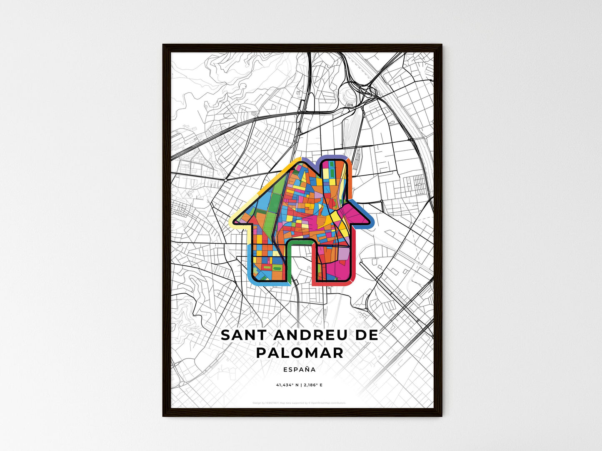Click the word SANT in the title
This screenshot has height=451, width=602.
pyautogui.click(x=241, y=335)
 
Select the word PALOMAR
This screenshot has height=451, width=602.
pyautogui.click(x=300, y=353)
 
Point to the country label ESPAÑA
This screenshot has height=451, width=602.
pyautogui.click(x=299, y=369)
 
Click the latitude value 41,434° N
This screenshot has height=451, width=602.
pyautogui.click(x=287, y=385)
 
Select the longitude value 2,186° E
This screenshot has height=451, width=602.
pyautogui.click(x=312, y=385)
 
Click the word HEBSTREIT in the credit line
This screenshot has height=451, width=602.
pyautogui.click(x=272, y=403)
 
